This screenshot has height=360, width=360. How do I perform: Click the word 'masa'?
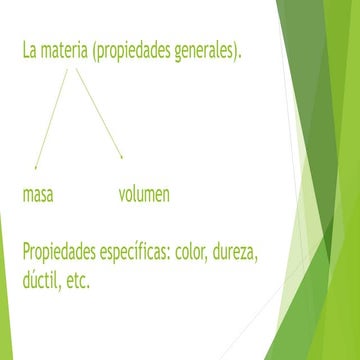pyautogui.click(x=37, y=194)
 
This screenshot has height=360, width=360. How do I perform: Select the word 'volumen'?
pyautogui.click(x=144, y=194)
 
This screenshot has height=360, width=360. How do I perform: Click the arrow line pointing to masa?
pyautogui.click(x=51, y=115)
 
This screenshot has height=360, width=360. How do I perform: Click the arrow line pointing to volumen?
pyautogui.click(x=99, y=112)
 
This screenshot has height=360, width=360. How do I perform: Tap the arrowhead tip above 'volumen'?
pyautogui.click(x=122, y=157)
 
